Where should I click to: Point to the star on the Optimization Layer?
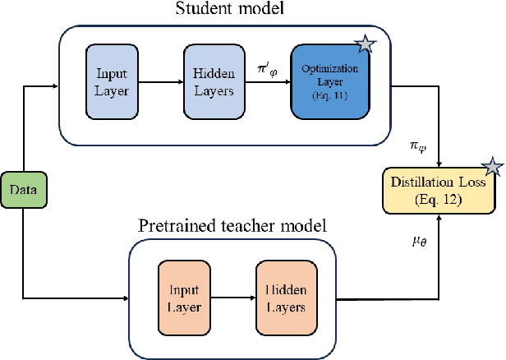367,46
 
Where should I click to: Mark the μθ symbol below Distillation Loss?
421,242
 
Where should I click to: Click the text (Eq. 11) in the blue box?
330,95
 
